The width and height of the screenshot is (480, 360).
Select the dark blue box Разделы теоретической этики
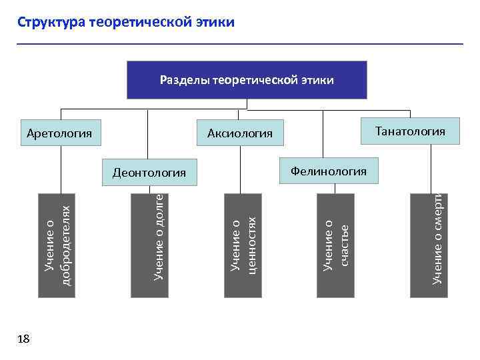coord(247,80)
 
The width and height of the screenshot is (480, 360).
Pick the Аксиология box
coord(240,133)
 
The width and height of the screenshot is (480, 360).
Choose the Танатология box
coord(410,131)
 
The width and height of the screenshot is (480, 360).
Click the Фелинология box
coord(328,171)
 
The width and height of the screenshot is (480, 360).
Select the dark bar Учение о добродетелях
coord(57,244)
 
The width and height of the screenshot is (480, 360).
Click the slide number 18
coord(23,339)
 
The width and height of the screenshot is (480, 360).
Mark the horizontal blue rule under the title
coord(240,44)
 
